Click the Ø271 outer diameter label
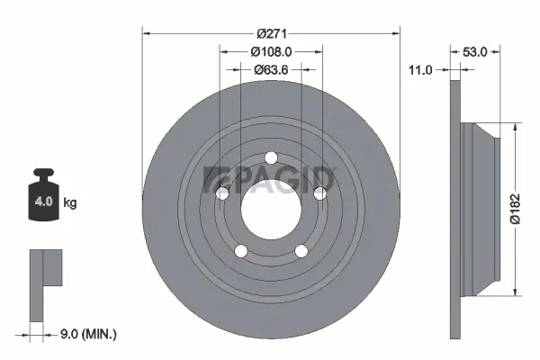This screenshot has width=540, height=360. coord(270,33)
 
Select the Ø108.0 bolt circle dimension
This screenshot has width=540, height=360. coord(271,51)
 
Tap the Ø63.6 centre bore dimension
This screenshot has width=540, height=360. coord(271,68)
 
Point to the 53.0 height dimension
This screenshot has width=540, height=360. coord(475,52)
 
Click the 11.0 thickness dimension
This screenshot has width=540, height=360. coord(421,68)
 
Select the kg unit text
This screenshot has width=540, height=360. coord(70,203)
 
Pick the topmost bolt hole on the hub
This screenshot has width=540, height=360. coord(270,160)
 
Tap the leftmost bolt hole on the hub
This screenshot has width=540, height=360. coord(222,193)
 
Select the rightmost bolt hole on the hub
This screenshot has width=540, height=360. coord(318,193)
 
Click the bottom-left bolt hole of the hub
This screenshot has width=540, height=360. coord(240,250)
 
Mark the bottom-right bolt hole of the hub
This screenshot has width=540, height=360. coord(300,250)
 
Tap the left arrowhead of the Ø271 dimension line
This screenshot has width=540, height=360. coord(147,34)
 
